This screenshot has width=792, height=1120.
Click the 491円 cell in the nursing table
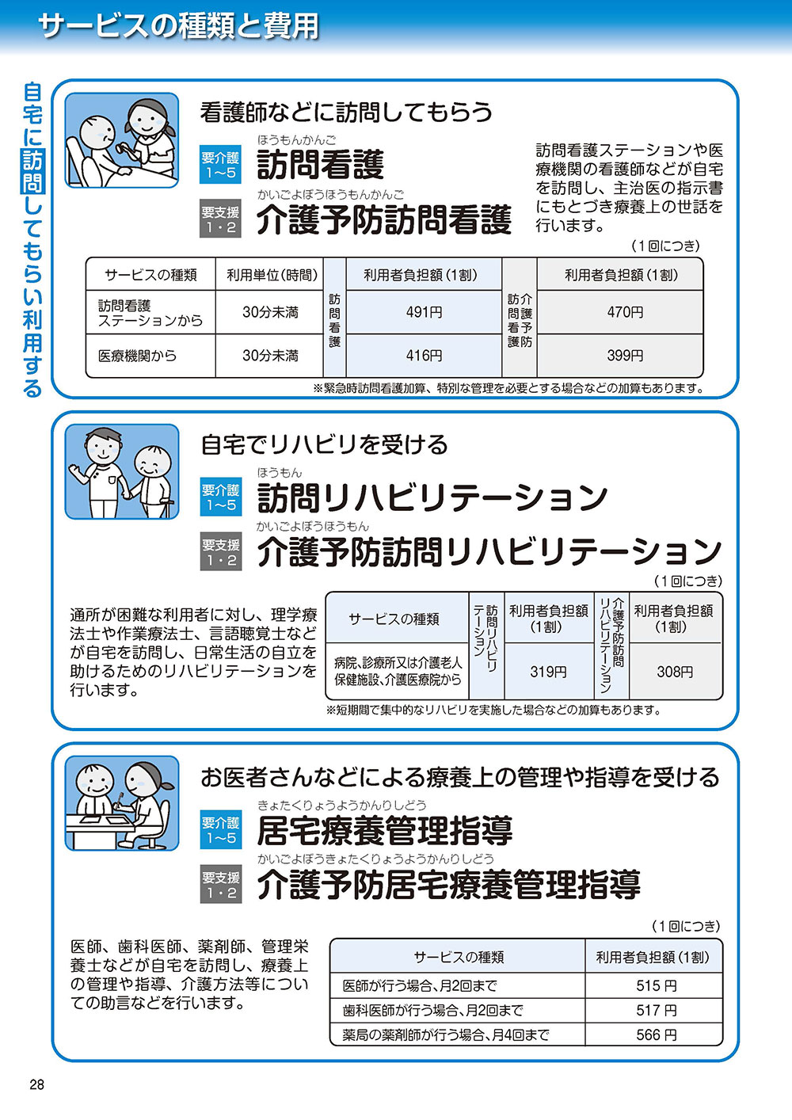(424, 313)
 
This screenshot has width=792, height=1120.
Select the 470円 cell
(620, 313)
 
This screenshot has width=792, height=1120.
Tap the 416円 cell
(424, 356)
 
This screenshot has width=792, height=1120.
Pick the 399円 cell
(620, 356)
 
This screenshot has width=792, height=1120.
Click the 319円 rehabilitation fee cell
(549, 672)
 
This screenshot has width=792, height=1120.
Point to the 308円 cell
(675, 672)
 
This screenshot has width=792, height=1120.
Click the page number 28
(37, 1084)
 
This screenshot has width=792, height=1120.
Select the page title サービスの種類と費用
(178, 26)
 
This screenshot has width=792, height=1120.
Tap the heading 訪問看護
(321, 165)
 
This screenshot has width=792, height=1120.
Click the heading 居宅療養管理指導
(385, 830)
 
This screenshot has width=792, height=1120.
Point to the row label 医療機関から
(138, 356)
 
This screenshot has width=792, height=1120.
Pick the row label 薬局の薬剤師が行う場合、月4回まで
(445, 1034)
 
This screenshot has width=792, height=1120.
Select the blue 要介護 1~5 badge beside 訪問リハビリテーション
(220, 497)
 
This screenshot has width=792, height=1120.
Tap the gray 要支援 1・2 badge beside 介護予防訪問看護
(220, 219)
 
